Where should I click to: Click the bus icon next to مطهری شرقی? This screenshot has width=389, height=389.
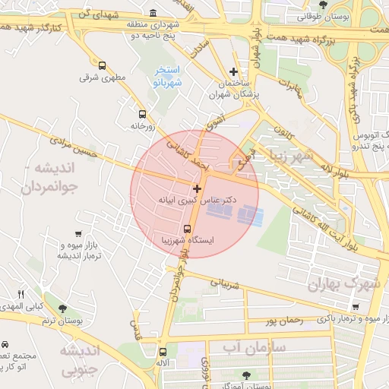pos(103,65)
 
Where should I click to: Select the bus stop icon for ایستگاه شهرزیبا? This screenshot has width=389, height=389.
pos(187,228)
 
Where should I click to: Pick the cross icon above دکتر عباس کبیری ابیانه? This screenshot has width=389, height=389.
pos(198,188)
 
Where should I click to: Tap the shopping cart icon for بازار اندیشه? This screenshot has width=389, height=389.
pos(79,235)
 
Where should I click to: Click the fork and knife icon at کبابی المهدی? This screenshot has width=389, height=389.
pos(21,294)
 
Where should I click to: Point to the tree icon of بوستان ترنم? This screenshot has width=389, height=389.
pos(62,309)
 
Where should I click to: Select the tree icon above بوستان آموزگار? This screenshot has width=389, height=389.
pos(245,375)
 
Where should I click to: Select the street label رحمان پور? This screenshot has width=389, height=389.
pos(286,321)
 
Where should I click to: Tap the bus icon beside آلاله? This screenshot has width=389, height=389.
pos(163,352)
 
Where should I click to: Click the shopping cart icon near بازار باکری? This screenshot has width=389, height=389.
pos(356,306)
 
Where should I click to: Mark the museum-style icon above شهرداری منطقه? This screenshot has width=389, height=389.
pos(154,14)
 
